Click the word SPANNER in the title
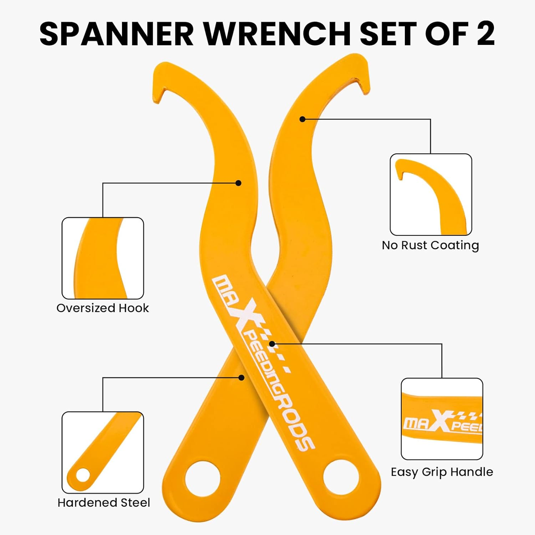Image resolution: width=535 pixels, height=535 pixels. (116, 34)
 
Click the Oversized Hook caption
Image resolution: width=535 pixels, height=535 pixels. (103, 308)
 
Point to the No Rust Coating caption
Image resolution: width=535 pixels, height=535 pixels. (430, 245)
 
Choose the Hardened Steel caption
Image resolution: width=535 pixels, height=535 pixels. (104, 503)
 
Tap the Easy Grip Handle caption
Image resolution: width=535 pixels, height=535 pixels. (442, 472)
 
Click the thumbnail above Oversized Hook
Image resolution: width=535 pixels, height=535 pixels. (103, 258)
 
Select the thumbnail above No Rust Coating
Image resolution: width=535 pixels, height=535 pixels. (431, 194)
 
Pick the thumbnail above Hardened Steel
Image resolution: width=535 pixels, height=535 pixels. (103, 452)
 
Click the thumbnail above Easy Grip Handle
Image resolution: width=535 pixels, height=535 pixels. (442, 419)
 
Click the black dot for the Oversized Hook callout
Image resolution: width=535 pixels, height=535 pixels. (239, 183)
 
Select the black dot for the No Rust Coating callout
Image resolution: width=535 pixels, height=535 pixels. (302, 119)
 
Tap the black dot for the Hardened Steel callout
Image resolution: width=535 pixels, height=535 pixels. (241, 377)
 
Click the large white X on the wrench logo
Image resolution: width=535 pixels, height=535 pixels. (248, 314)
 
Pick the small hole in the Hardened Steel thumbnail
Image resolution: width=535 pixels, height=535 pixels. (83, 475)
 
